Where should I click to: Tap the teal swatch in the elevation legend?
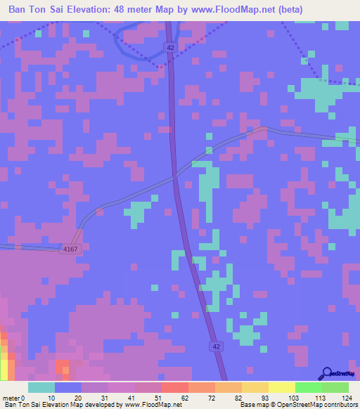click(41, 387)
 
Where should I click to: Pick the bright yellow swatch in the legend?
click(281, 387)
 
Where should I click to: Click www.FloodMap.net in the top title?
click(266, 10)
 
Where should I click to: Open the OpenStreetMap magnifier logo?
click(327, 373)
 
